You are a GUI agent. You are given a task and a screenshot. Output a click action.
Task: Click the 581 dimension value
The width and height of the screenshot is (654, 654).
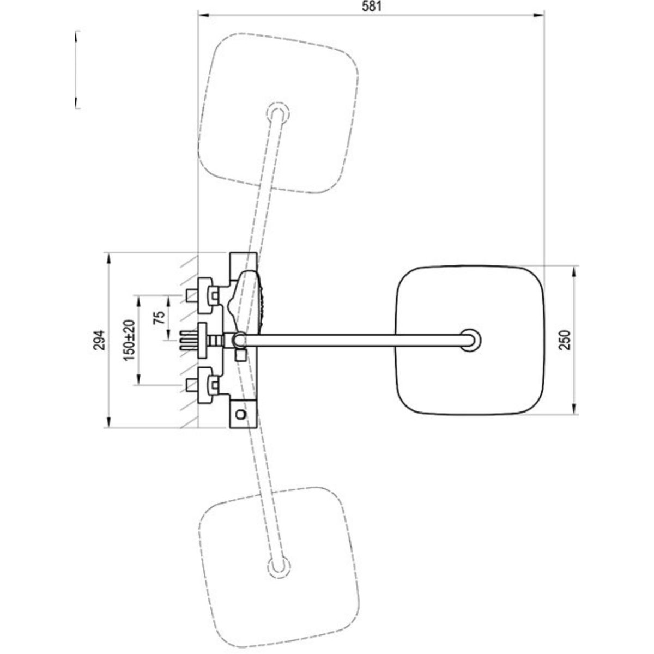(x=372, y=7)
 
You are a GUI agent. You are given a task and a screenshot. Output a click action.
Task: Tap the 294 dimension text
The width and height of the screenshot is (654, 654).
(x=100, y=340)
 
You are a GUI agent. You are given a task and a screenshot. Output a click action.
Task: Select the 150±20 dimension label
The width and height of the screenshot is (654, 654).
(x=129, y=340)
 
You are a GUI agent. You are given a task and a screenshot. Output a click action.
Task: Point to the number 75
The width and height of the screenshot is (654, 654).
(x=159, y=318)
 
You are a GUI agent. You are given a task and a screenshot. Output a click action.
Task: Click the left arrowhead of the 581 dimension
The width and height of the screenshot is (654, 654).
(x=203, y=15)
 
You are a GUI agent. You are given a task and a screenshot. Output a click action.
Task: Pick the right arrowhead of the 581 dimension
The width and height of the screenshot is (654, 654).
(x=540, y=15)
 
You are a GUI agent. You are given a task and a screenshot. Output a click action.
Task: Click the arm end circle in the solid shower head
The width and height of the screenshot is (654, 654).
(x=470, y=340)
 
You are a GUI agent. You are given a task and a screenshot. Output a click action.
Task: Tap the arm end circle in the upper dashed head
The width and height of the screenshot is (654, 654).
(x=278, y=112)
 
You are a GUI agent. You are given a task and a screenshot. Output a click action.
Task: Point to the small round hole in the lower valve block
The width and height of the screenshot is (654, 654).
(x=241, y=414)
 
